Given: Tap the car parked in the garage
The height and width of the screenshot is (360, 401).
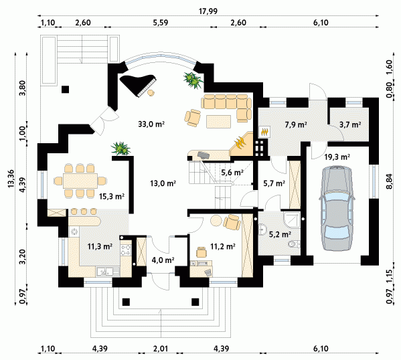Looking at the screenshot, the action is click(x=337, y=208).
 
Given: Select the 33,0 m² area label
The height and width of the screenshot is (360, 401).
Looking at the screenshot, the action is click(x=151, y=124).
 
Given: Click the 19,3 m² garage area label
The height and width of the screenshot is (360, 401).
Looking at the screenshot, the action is click(x=337, y=157).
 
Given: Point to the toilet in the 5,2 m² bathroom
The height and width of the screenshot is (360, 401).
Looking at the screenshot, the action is click(x=294, y=244).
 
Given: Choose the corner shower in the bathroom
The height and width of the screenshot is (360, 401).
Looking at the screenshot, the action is click(x=292, y=220).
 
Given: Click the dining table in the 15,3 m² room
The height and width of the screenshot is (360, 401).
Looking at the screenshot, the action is click(x=80, y=181).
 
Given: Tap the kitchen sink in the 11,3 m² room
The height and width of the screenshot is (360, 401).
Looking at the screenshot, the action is click(x=108, y=271).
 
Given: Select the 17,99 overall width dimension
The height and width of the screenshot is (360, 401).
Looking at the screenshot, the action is click(x=208, y=11).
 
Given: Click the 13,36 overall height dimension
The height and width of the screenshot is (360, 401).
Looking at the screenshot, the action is click(x=11, y=179).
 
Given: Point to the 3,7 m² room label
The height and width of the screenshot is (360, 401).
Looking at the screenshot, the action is click(x=350, y=124).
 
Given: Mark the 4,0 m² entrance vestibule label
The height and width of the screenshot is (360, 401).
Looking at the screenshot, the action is click(x=163, y=260).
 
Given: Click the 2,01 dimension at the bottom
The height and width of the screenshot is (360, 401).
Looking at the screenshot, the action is click(x=161, y=349).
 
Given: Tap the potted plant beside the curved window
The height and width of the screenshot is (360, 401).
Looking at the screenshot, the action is click(x=193, y=80).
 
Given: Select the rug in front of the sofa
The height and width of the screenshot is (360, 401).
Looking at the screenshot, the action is click(x=219, y=121).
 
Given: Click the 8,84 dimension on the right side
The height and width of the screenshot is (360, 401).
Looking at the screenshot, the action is click(x=389, y=181).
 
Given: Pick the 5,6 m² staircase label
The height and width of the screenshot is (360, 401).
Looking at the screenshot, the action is click(x=232, y=173).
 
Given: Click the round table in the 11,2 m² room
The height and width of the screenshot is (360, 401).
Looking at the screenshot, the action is click(x=216, y=220).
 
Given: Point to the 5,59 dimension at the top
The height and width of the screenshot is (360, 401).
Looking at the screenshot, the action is click(x=161, y=23).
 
